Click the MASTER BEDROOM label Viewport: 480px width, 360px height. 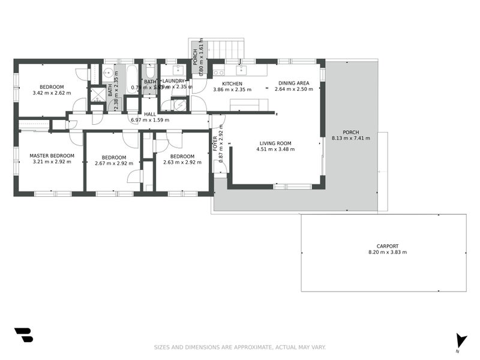point(52,156)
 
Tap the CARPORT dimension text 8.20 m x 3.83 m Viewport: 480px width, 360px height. point(387,253)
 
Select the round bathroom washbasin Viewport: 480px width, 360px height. point(109,74)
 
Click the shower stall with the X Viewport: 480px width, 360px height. point(97,94)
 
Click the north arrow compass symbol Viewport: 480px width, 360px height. point(460,341)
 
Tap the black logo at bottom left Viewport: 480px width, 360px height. point(23,335)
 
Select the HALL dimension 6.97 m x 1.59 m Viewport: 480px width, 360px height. point(150,120)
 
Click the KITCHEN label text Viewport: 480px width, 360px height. point(232,83)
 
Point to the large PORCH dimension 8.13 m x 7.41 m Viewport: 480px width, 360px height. point(351,139)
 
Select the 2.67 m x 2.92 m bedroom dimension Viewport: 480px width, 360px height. point(114,163)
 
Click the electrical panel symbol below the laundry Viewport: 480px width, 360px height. point(179,105)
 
